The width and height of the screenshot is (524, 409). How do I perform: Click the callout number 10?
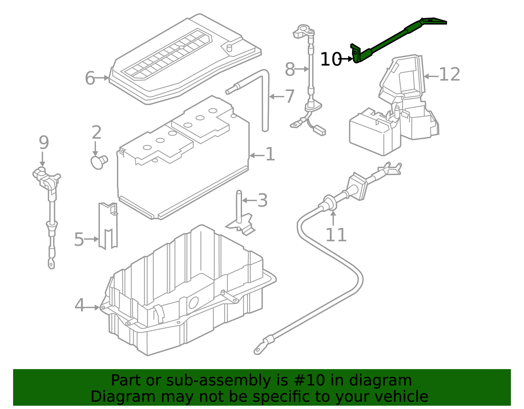click(331, 59)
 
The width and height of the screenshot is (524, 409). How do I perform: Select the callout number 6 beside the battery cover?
click(90, 78)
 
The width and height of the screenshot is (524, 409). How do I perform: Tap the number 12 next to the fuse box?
click(449, 74)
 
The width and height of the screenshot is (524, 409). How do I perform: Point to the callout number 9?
click(44, 142)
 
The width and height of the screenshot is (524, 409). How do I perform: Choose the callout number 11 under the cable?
click(336, 235)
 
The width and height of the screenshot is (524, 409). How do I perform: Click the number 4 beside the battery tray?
click(79, 305)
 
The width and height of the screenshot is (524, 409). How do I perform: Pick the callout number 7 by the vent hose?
click(290, 96)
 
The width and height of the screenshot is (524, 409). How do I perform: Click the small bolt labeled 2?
click(99, 162)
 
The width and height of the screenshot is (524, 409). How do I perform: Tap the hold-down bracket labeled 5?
click(108, 226)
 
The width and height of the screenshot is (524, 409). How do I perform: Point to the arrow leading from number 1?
click(257, 156)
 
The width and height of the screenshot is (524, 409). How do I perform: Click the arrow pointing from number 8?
click(302, 69)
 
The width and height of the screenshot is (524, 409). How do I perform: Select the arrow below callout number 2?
click(95, 149)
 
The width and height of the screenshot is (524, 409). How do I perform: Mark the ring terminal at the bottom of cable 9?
click(51, 264)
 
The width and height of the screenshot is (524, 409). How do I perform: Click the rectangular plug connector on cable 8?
click(319, 130)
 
